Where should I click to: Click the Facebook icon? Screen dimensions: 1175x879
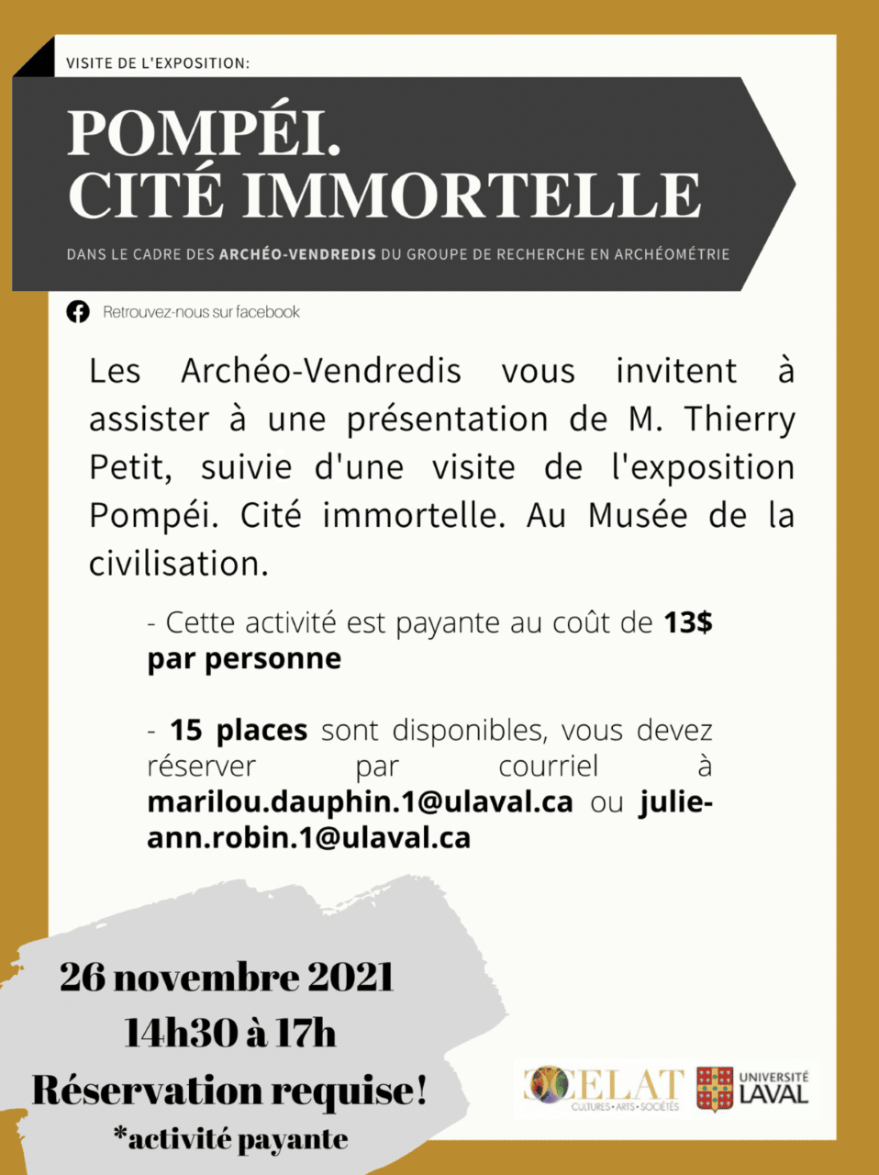click(78, 312)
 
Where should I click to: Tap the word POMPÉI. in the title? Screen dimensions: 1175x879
click(204, 134)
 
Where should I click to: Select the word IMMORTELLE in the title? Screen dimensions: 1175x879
click(472, 196)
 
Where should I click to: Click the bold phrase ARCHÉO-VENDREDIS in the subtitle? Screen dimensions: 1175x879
click(297, 254)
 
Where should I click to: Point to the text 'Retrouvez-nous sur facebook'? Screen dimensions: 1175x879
click(201, 312)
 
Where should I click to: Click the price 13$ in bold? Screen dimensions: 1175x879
click(688, 622)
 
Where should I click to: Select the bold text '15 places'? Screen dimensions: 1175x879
click(239, 731)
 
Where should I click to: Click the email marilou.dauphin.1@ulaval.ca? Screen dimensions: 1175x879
click(360, 801)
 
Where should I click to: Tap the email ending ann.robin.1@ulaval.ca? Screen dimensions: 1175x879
click(308, 837)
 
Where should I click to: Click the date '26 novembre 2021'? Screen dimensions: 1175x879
click(227, 977)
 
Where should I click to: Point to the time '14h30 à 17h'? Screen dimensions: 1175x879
click(230, 1034)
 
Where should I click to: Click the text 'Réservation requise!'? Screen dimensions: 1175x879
click(229, 1091)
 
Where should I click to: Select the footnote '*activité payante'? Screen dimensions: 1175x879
click(230, 1139)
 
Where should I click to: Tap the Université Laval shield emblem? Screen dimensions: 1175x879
click(715, 1090)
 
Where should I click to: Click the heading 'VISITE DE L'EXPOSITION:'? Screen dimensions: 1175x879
click(158, 63)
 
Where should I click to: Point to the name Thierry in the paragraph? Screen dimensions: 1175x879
click(740, 420)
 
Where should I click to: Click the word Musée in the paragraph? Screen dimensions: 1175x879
click(638, 515)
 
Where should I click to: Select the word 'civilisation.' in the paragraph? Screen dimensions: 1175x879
click(178, 564)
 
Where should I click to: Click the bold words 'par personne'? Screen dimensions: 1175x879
click(244, 659)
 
